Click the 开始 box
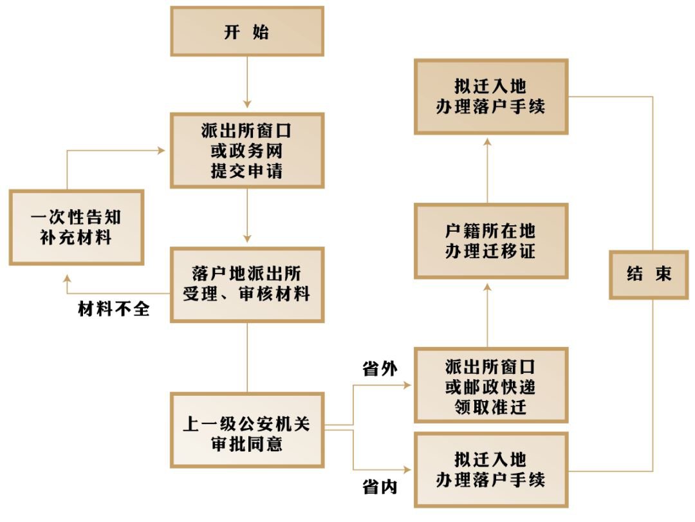[x=246, y=32]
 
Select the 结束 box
[x=649, y=274]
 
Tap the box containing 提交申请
[x=246, y=151]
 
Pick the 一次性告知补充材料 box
[x=76, y=227]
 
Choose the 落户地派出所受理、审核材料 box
[x=246, y=284]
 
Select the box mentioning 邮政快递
[x=490, y=386]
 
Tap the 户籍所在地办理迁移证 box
[x=490, y=241]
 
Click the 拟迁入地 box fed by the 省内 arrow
[x=490, y=469]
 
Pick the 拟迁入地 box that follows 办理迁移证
[x=490, y=97]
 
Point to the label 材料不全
[x=114, y=310]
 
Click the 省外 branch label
[x=380, y=369]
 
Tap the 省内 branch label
[x=380, y=487]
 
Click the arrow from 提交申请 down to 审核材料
[x=246, y=216]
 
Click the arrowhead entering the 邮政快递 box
[x=407, y=385]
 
